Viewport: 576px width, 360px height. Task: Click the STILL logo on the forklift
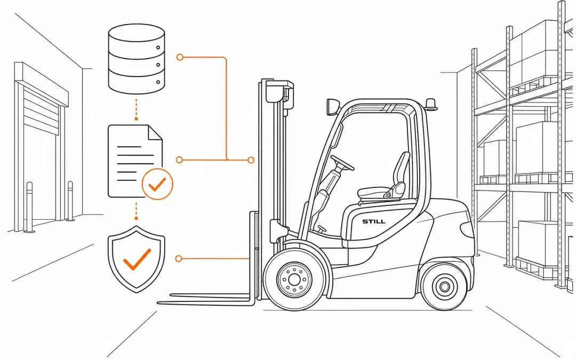(x=373, y=221)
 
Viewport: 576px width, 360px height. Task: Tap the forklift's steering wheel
(x=342, y=163)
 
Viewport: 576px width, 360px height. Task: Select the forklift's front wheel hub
(x=294, y=279)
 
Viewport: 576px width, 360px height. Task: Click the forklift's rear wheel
(x=444, y=286)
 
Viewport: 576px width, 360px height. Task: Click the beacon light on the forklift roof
(x=431, y=104)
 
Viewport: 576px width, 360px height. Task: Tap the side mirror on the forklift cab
(x=332, y=107)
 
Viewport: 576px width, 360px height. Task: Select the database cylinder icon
(x=137, y=59)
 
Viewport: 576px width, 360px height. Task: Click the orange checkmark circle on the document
(x=157, y=184)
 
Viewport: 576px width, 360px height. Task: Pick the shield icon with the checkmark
(x=137, y=259)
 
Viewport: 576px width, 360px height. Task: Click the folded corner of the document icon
(x=155, y=133)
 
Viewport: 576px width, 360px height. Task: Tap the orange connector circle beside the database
(x=180, y=57)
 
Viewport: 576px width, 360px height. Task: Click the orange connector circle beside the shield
(x=179, y=259)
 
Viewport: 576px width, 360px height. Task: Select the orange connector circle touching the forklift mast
(x=251, y=160)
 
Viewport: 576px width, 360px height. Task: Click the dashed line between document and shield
(x=137, y=211)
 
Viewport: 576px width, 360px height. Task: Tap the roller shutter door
(x=41, y=110)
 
